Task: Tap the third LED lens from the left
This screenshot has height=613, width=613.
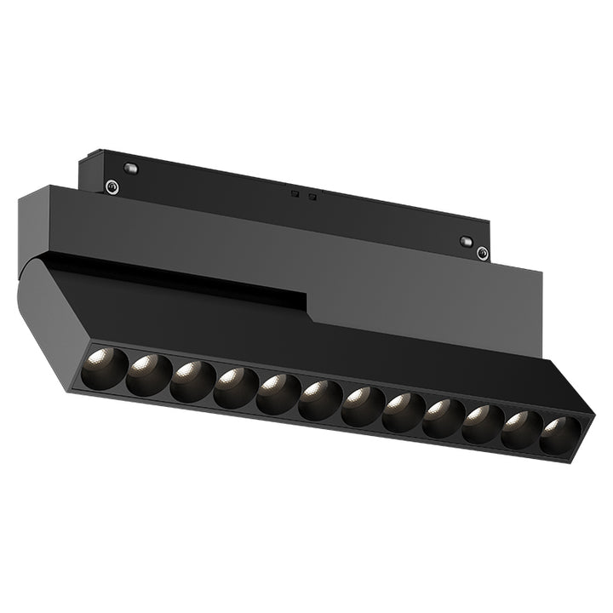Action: [192, 382]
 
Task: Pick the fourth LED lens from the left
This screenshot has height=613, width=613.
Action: [235, 388]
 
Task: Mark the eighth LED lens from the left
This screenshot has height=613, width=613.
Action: [404, 413]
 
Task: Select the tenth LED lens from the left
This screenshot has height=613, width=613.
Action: [484, 424]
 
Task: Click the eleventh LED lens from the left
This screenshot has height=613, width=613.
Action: [522, 429]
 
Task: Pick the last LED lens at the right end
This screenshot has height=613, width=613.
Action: [559, 435]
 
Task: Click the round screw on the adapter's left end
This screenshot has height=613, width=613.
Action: [111, 186]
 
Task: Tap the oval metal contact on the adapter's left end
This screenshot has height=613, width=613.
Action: [129, 169]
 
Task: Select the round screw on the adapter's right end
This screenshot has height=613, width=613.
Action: [482, 253]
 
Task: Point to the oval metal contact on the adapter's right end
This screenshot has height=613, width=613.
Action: [466, 242]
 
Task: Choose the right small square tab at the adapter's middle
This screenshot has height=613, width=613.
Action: [312, 198]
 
